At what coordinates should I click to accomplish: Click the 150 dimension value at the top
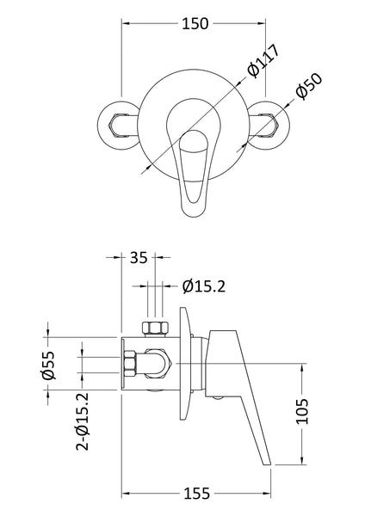pos(195,25)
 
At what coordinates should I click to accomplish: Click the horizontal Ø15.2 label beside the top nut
pos(205,286)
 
